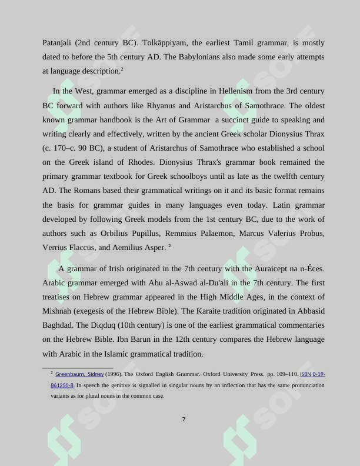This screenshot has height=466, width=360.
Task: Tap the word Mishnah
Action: tap(58, 311)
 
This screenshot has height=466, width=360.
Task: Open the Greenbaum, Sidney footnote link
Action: tap(79, 374)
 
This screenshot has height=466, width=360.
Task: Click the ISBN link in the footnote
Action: tap(305, 374)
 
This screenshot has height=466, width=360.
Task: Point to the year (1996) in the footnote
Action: tap(114, 374)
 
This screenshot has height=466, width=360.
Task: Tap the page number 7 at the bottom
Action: tap(184, 420)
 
